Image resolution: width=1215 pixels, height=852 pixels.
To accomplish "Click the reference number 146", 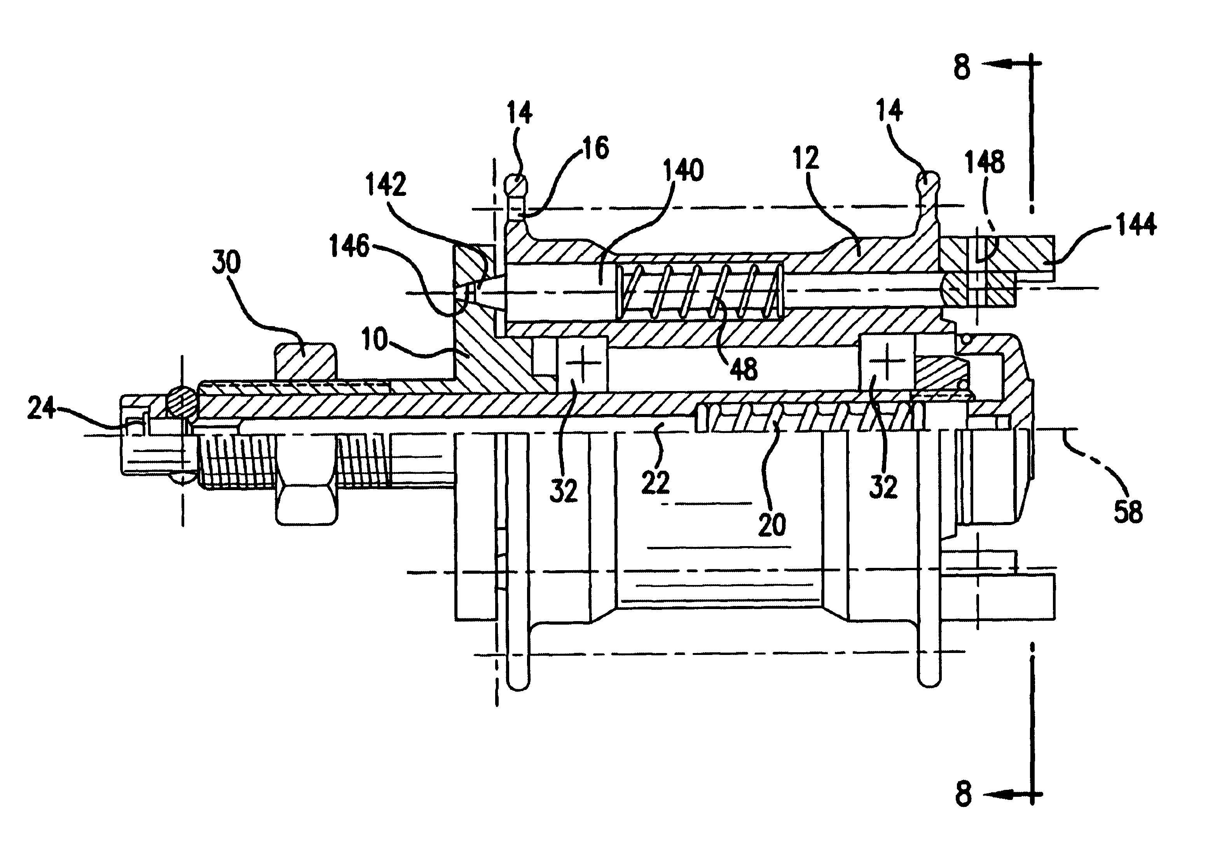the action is point(349,246).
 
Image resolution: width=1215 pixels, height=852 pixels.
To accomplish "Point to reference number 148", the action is point(984,162).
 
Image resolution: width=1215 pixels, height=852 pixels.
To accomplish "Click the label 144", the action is point(1136,224).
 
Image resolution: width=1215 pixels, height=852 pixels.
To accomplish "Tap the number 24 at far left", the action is point(41,408).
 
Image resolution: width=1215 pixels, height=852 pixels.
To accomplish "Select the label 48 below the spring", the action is point(744,368).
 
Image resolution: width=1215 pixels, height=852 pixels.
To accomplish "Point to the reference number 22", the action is point(656,482).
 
